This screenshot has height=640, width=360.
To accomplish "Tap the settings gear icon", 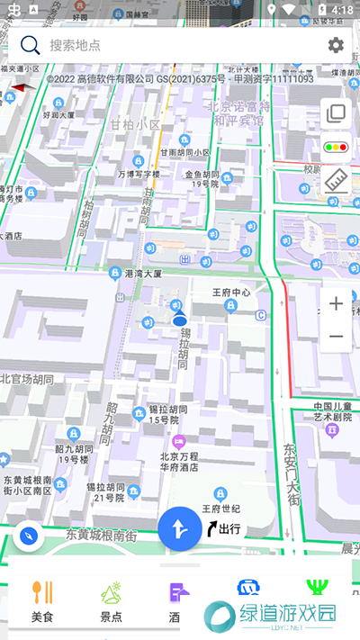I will coord(336,45).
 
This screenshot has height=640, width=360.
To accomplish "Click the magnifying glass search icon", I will coord(31,45).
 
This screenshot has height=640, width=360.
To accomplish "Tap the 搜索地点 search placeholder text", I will coord(76,45).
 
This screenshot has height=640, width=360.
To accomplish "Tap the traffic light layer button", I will coord(336,147).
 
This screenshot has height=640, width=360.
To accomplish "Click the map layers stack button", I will coord(336,113).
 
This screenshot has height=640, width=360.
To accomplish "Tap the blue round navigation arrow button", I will coord(180,528).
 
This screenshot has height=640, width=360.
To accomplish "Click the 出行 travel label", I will coord(224,528).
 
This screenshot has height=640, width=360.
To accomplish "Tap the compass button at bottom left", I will coord(30,536).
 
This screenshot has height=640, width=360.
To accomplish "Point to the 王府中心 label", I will coord(230,293).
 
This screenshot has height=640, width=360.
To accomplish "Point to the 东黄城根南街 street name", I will coord(101,535).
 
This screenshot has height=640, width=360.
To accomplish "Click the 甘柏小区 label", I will coord(136,125).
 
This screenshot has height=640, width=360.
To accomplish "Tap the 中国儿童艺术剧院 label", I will coord(332,411).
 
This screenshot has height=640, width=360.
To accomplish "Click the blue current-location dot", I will coord(179,320).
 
